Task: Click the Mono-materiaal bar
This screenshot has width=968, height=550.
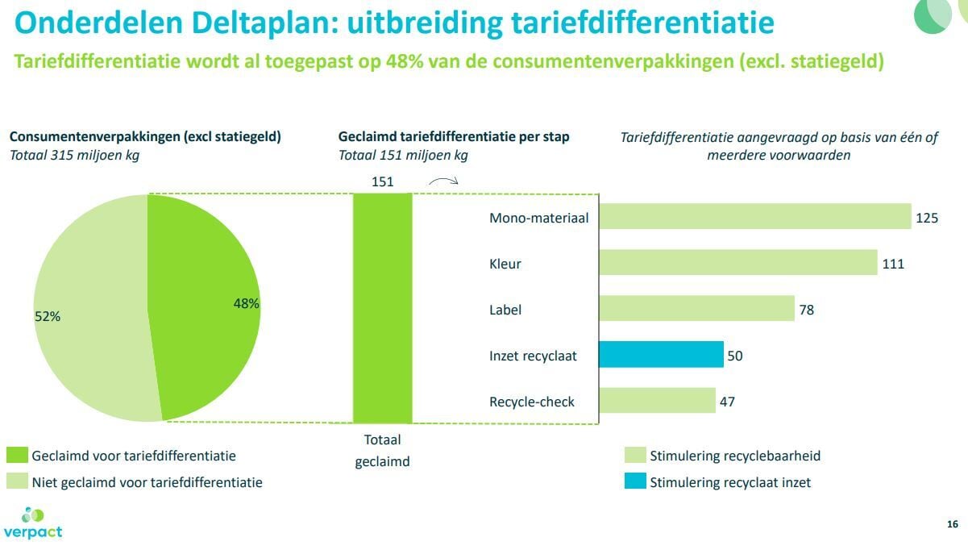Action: [755, 217]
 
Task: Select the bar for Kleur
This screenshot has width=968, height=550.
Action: [737, 263]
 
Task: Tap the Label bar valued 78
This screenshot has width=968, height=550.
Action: [696, 309]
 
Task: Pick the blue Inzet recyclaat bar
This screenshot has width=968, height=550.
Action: [661, 355]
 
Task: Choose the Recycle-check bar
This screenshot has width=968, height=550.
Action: [657, 401]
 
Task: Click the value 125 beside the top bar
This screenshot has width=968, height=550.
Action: [927, 218]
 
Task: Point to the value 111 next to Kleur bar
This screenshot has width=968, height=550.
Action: [893, 264]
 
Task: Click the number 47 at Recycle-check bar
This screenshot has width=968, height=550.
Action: [727, 402]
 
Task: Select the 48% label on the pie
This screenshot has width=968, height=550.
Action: [246, 304]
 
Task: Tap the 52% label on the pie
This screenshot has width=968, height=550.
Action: [48, 317]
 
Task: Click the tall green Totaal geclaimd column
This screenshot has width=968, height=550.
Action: [382, 307]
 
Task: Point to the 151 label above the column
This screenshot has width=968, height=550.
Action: [382, 182]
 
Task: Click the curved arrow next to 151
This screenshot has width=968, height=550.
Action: [442, 181]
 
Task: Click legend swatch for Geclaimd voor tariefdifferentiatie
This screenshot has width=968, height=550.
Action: [16, 456]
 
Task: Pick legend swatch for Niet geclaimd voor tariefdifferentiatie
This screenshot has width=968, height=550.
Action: [16, 482]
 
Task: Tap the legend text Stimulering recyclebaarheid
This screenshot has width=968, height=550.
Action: [735, 456]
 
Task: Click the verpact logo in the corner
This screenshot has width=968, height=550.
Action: [32, 523]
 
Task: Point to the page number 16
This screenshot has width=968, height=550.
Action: [952, 525]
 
